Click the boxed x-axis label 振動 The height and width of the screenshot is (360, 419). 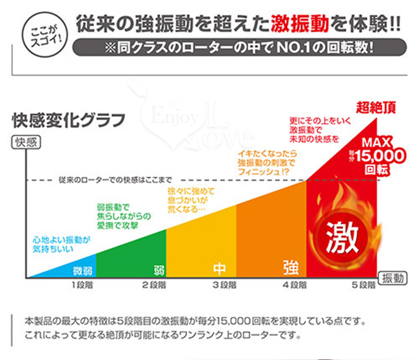[x=394, y=278]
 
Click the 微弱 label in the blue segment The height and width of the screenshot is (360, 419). [x=83, y=268]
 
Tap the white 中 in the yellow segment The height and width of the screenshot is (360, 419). [x=219, y=267]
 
